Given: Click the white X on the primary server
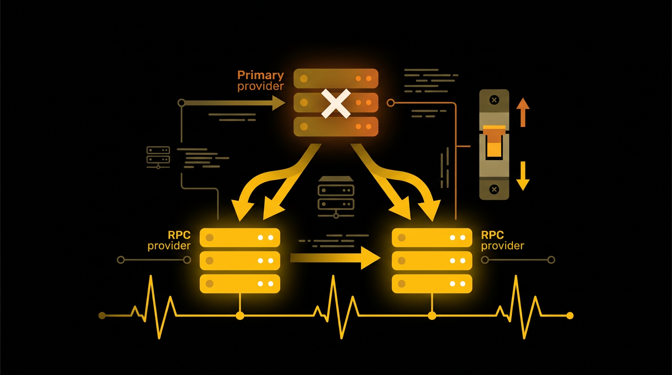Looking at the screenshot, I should [x=336, y=103].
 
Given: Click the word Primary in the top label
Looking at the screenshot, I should [x=260, y=75].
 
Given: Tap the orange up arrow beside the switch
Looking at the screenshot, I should [x=523, y=111].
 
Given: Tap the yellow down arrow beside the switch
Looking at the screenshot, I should [x=523, y=176].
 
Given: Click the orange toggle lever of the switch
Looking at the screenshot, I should [x=494, y=141].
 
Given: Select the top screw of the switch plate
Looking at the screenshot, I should [x=494, y=100].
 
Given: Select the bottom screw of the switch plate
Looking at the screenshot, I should [x=494, y=189].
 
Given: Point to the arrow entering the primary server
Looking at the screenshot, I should [x=234, y=103].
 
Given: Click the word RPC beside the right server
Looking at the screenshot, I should [x=492, y=235].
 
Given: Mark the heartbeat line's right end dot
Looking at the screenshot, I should [x=569, y=315].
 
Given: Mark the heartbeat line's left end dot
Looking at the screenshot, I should [x=102, y=315].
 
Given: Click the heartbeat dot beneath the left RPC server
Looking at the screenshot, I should [x=240, y=315].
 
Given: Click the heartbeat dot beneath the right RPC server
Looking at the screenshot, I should [x=432, y=315].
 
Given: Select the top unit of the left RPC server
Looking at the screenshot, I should [x=240, y=238].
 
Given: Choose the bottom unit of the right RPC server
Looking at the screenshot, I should [x=432, y=283].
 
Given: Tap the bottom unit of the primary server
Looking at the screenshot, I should [x=336, y=126].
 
